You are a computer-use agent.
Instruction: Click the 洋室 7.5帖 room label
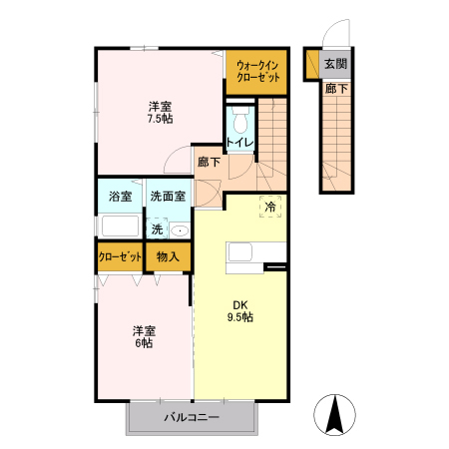[x=161, y=112]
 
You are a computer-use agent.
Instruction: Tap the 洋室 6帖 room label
[x=146, y=336]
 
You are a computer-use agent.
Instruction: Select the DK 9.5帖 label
[x=241, y=310]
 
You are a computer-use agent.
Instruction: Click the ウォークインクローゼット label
[x=256, y=71]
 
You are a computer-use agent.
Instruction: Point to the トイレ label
[x=239, y=142]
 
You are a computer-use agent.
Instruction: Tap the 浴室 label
[x=120, y=197]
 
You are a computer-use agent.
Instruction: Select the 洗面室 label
[x=167, y=197]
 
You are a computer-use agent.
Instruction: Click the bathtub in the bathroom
[x=120, y=224]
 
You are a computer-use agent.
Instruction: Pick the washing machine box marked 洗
[x=157, y=229]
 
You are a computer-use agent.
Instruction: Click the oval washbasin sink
[x=179, y=230]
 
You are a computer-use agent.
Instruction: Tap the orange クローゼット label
[x=119, y=256]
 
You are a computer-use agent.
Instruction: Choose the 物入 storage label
[x=168, y=256]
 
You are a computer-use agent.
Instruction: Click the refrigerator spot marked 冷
[x=271, y=207]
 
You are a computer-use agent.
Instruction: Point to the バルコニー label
[x=191, y=419]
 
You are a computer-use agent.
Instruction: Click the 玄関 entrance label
[x=335, y=65]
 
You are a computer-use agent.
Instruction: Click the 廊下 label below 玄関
[x=335, y=90]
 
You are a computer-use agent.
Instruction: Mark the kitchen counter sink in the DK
[x=244, y=253]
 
